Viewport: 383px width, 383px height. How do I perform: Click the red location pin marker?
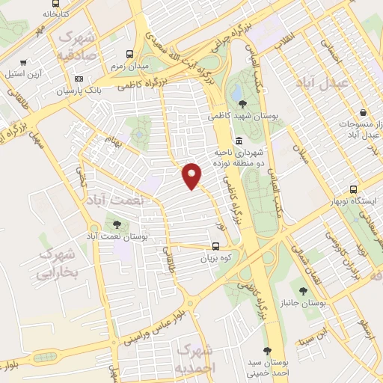[192, 175]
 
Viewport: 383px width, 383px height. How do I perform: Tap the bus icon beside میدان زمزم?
[130, 54]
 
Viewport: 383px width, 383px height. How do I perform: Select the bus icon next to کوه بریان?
[216, 245]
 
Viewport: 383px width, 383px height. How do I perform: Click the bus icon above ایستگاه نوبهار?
[354, 190]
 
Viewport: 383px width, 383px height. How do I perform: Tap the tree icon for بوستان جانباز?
[303, 290]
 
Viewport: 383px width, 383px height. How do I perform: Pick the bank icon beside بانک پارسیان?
[79, 79]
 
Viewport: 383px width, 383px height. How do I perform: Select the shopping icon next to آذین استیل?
[25, 62]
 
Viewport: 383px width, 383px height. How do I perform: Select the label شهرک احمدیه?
[197, 358]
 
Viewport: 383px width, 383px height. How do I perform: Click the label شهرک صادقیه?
[77, 45]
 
